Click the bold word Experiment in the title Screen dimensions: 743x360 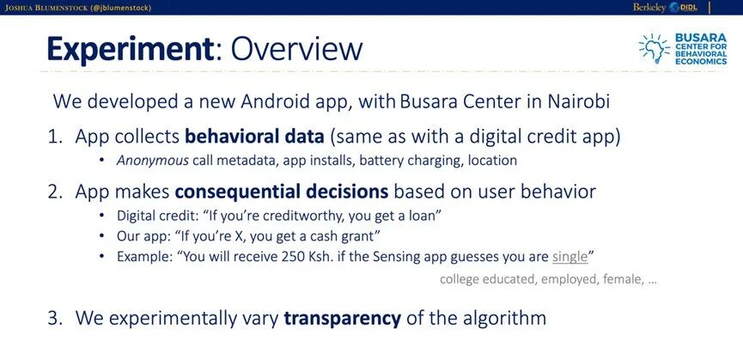(131, 49)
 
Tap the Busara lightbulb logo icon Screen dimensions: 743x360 (654, 48)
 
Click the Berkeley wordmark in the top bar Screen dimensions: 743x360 (649, 7)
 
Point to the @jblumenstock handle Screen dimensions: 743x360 (122, 8)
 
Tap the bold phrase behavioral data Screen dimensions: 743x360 (254, 137)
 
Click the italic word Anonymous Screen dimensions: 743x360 (153, 161)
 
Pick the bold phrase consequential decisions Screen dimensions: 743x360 (282, 192)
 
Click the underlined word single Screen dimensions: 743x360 (570, 257)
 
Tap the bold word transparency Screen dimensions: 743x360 (342, 318)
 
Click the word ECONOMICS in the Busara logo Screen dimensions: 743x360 (701, 62)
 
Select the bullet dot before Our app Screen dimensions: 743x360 (101, 235)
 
